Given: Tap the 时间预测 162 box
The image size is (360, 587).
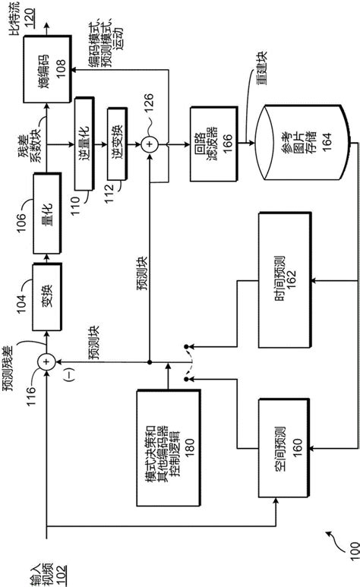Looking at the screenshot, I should tap(286, 298).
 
